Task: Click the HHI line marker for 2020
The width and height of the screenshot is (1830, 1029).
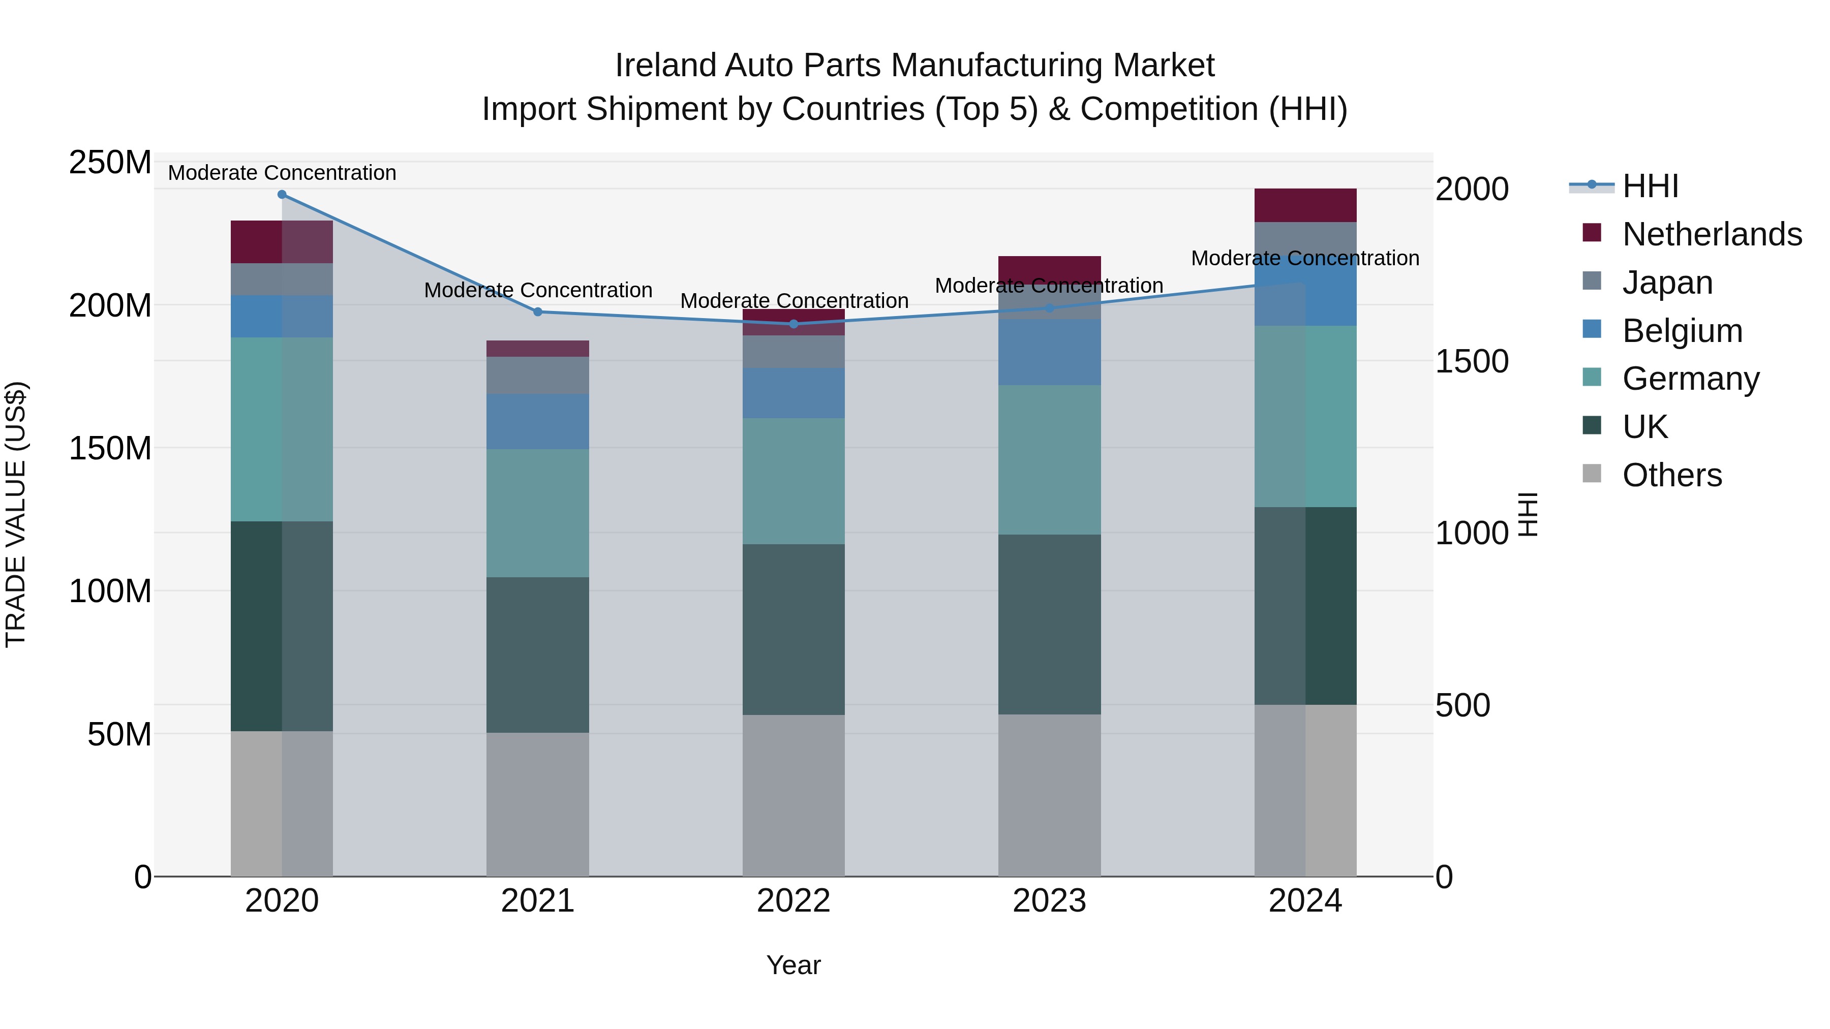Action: [x=282, y=195]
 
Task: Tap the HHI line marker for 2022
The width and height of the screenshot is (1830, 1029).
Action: [x=794, y=324]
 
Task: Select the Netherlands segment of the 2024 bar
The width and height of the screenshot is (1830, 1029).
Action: [x=1305, y=205]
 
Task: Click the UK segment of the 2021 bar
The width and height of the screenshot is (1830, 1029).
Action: [x=538, y=655]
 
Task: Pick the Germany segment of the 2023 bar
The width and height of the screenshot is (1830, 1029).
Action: [x=1049, y=460]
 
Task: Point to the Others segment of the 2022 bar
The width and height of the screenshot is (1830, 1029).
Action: [x=794, y=795]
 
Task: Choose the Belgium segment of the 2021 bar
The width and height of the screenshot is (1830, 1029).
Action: [x=538, y=422]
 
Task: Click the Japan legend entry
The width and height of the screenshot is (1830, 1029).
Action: [x=1667, y=283]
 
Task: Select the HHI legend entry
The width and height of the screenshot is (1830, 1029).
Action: [x=1650, y=186]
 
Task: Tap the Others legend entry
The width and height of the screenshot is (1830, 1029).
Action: [x=1671, y=475]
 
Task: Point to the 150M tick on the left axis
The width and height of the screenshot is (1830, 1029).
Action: [x=110, y=449]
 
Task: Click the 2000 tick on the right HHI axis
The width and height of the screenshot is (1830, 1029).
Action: [x=1471, y=190]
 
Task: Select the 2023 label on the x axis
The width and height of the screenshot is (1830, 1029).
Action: [x=1049, y=901]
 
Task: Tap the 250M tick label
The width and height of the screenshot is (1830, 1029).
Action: [x=110, y=163]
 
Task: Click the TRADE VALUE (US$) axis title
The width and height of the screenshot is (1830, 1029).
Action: [x=16, y=514]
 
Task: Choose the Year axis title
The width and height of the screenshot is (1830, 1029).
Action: [x=794, y=965]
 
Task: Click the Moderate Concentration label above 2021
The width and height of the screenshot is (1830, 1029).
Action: [x=538, y=291]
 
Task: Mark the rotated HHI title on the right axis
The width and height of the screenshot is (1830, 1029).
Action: [x=1527, y=514]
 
